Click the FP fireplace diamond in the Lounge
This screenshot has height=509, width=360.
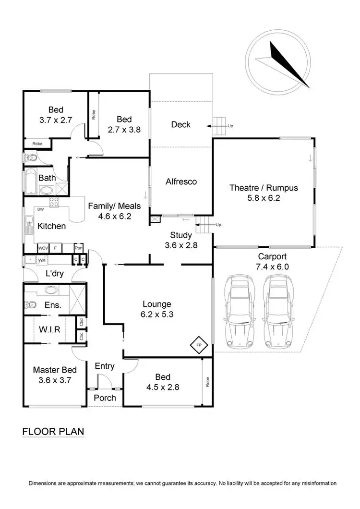[x=197, y=344]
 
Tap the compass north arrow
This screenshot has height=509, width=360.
[x=288, y=65]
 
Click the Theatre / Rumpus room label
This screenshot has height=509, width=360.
[x=264, y=188]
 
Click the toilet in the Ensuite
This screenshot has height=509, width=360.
[x=30, y=304]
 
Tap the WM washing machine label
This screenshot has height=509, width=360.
[x=42, y=260]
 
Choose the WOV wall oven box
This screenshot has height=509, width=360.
[x=43, y=248]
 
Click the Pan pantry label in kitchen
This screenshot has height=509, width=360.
[x=78, y=248]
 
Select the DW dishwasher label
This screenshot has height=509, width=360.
[x=40, y=210]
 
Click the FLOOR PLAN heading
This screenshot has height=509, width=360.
[x=53, y=431]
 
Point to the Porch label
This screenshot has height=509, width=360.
[x=105, y=398]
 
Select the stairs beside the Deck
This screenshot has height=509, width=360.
[x=220, y=126]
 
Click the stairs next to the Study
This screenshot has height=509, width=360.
[x=204, y=225]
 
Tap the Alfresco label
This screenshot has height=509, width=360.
[x=181, y=182]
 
